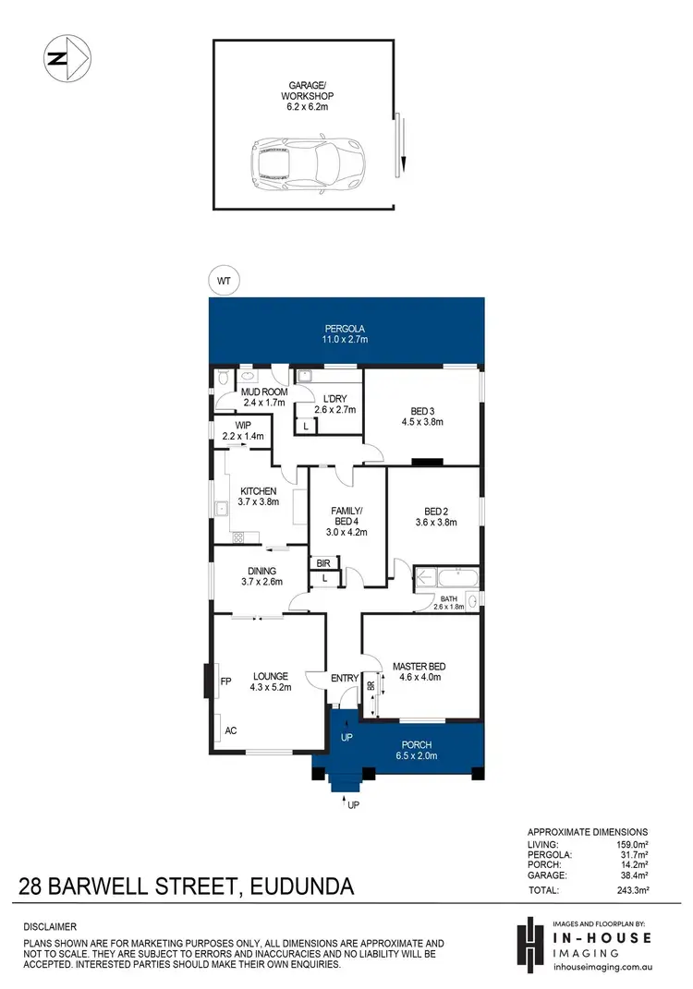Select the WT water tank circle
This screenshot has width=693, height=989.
click(223, 279)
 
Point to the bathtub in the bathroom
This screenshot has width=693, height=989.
click(446, 580)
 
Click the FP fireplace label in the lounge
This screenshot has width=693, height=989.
click(225, 682)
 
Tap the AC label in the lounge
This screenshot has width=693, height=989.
click(231, 730)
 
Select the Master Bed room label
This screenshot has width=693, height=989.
click(419, 667)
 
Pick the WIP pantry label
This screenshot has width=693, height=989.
click(242, 426)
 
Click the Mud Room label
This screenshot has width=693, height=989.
click(261, 392)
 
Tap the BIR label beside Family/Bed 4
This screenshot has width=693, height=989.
click(323, 562)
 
